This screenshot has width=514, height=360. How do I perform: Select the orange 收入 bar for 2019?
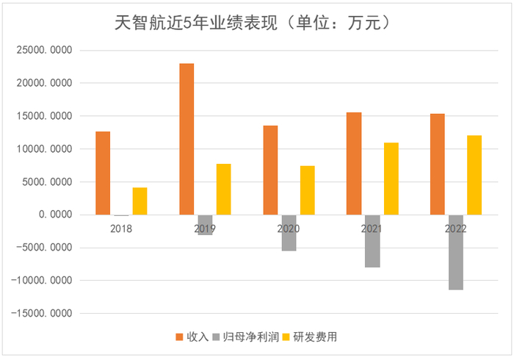tap(187, 139)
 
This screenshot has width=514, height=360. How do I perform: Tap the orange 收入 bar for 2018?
tap(104, 173)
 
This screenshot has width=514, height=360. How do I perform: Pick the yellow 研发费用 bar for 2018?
tap(140, 201)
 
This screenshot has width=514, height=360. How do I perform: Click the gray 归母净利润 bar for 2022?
tap(455, 252)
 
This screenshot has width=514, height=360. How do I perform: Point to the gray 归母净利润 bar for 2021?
tap(372, 241)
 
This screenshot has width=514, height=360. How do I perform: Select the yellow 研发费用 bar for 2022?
tap(474, 175)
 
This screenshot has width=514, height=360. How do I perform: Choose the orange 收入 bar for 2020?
tap(271, 170)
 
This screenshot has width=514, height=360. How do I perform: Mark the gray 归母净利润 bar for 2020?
tap(289, 233)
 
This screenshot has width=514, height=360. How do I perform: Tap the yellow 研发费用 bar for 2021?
tap(391, 179)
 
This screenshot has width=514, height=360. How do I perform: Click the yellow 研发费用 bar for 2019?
tap(223, 190)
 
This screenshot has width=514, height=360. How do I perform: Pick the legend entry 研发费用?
tap(308, 336)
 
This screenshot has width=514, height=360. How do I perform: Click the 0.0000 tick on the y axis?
tap(55, 215)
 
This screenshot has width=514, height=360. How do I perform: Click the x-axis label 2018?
tap(121, 228)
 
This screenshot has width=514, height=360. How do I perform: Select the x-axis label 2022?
tap(455, 228)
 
